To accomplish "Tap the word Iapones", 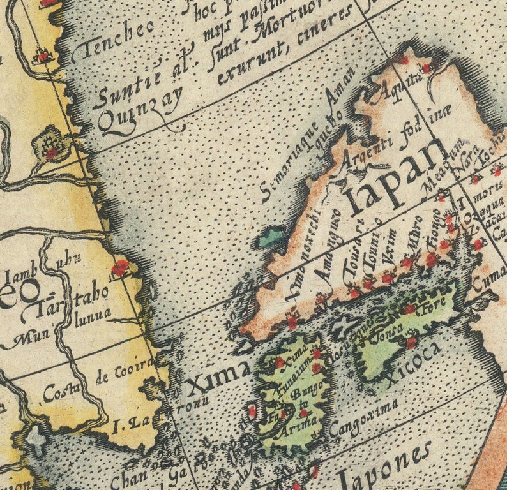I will click(x=384, y=465).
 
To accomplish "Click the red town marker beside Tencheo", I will click(x=43, y=56).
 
